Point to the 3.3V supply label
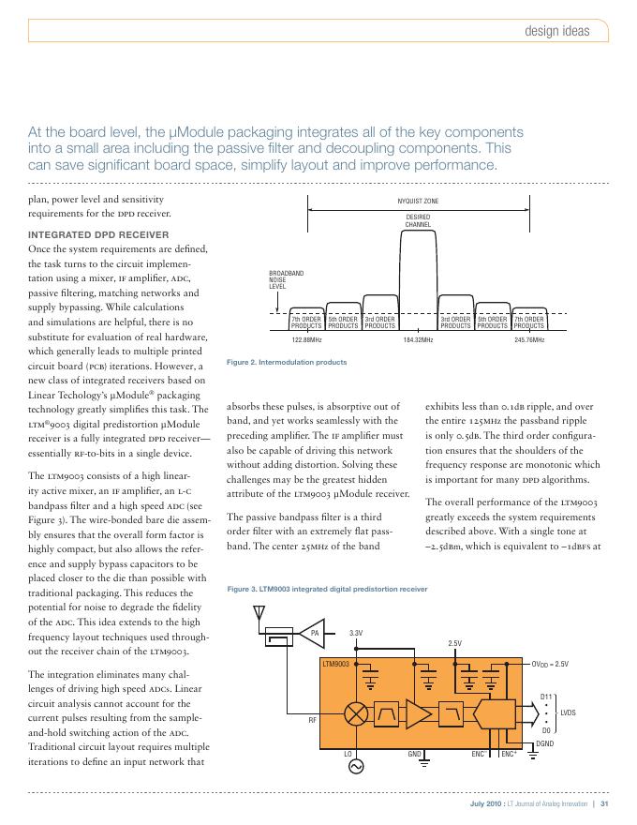(356, 635)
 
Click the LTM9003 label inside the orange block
(335, 664)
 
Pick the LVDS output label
(569, 713)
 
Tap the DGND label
(544, 743)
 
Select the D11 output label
(547, 697)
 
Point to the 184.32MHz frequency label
(417, 339)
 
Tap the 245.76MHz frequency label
(529, 339)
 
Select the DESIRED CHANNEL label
(418, 221)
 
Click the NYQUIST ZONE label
(418, 201)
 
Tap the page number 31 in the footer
(605, 803)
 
